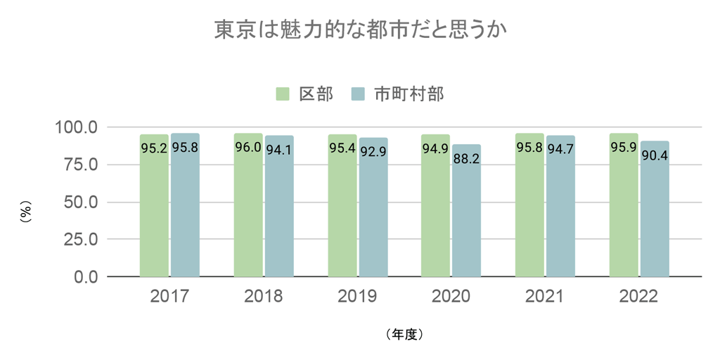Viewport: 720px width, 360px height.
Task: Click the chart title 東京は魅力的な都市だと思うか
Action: pyautogui.click(x=360, y=30)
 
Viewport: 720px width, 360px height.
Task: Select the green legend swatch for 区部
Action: pyautogui.click(x=283, y=94)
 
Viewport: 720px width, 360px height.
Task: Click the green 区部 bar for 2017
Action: pyautogui.click(x=154, y=211)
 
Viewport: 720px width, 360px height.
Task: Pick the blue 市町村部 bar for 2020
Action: pyautogui.click(x=466, y=218)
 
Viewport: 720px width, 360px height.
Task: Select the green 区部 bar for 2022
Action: pyautogui.click(x=624, y=211)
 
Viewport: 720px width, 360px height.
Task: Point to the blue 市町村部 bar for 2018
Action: pyautogui.click(x=279, y=211)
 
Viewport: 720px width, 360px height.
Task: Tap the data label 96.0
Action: pyautogui.click(x=248, y=148)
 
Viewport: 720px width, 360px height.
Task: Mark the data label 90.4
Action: pyautogui.click(x=655, y=154)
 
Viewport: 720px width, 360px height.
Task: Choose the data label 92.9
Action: pyautogui.click(x=373, y=150)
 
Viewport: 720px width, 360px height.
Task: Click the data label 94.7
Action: pyautogui.click(x=560, y=148)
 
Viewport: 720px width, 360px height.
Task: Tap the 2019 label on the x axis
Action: pyautogui.click(x=357, y=296)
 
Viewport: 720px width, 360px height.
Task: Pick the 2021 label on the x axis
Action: pyautogui.click(x=545, y=296)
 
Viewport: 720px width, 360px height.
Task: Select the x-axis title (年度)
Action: pyautogui.click(x=404, y=334)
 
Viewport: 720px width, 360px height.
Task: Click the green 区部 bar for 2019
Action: pyautogui.click(x=342, y=211)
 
